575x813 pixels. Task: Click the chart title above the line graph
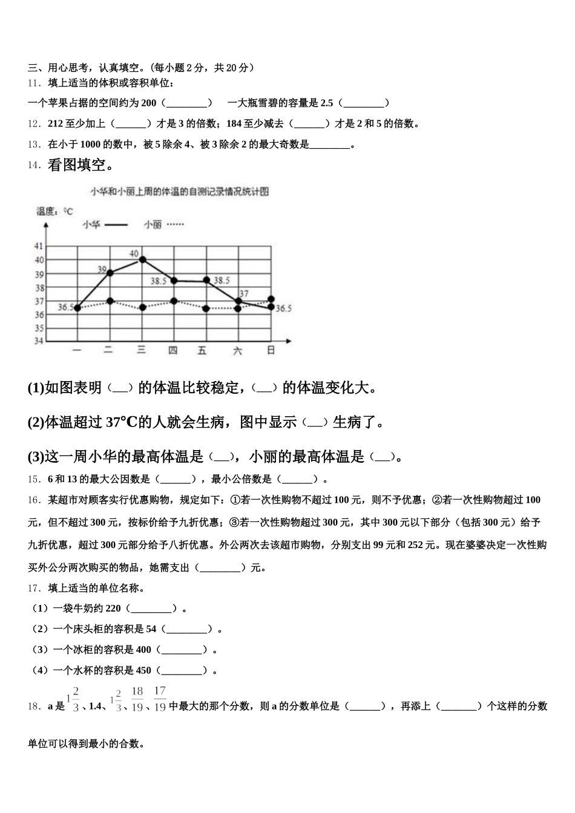point(179,191)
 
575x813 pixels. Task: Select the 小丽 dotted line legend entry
point(163,224)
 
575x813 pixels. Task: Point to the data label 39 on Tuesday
point(102,269)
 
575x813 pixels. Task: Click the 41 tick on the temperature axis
point(39,246)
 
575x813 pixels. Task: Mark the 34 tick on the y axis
point(39,341)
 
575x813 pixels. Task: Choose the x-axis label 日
point(271,350)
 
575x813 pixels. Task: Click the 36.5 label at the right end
point(283,309)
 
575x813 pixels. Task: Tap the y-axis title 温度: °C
point(54,211)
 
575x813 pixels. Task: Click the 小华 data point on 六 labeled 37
point(238,301)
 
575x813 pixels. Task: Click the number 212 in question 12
point(55,123)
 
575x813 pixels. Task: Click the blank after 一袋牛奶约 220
point(151,609)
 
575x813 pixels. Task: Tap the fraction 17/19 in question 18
point(160,699)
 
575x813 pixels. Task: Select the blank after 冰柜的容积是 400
point(182,650)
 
